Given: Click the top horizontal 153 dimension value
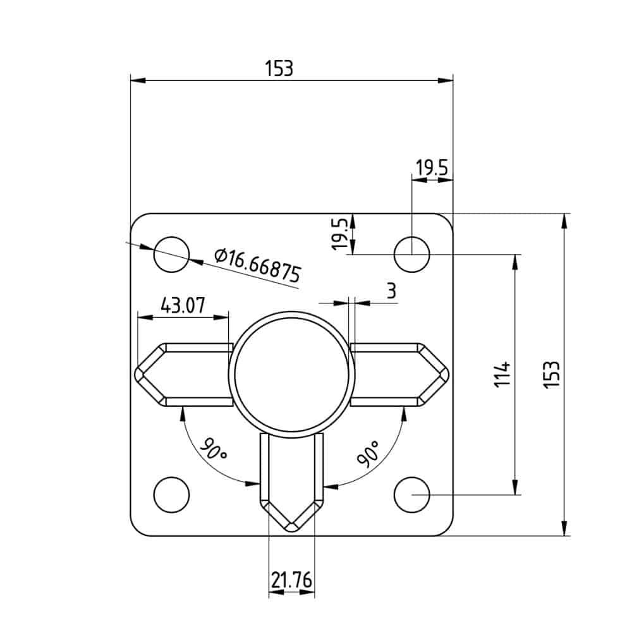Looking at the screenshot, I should coord(279,68).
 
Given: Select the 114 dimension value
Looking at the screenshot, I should coord(502,375).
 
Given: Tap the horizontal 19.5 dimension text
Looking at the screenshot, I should coord(432,168).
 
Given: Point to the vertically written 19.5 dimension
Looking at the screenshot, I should coord(340,234).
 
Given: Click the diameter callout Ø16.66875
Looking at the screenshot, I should coord(257,265).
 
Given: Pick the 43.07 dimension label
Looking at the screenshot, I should coord(183,306).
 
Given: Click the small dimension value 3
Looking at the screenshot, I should coord(391,291).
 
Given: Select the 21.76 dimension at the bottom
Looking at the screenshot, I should coord(291,580).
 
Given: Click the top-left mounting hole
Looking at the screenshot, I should coord(172,255).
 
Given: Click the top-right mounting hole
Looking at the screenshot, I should coord(412,255).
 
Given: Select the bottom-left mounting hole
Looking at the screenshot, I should coord(172,494).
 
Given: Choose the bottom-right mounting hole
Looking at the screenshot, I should coord(412,494).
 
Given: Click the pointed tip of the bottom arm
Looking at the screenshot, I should coord(291,530).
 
